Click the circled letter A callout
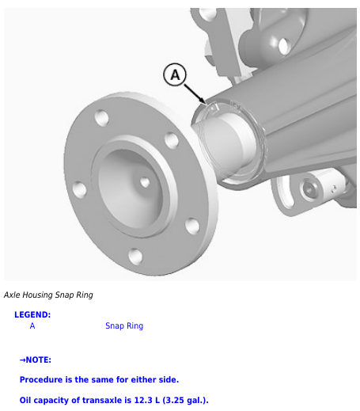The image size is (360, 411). point(175,74)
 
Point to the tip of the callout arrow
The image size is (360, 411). point(206,104)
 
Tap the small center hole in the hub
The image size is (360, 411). point(145,182)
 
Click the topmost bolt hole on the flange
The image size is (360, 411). point(102,117)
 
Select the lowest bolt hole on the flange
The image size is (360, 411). point(135,256)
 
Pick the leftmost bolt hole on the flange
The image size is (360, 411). point(79,189)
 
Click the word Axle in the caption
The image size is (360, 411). point(12,295)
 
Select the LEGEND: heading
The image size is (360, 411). point(32,314)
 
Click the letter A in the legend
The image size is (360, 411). point(32,325)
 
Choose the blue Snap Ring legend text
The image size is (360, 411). point(124,326)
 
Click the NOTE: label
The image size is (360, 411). point(36,360)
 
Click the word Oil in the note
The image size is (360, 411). point(25,400)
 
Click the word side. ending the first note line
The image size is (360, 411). point(169,379)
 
